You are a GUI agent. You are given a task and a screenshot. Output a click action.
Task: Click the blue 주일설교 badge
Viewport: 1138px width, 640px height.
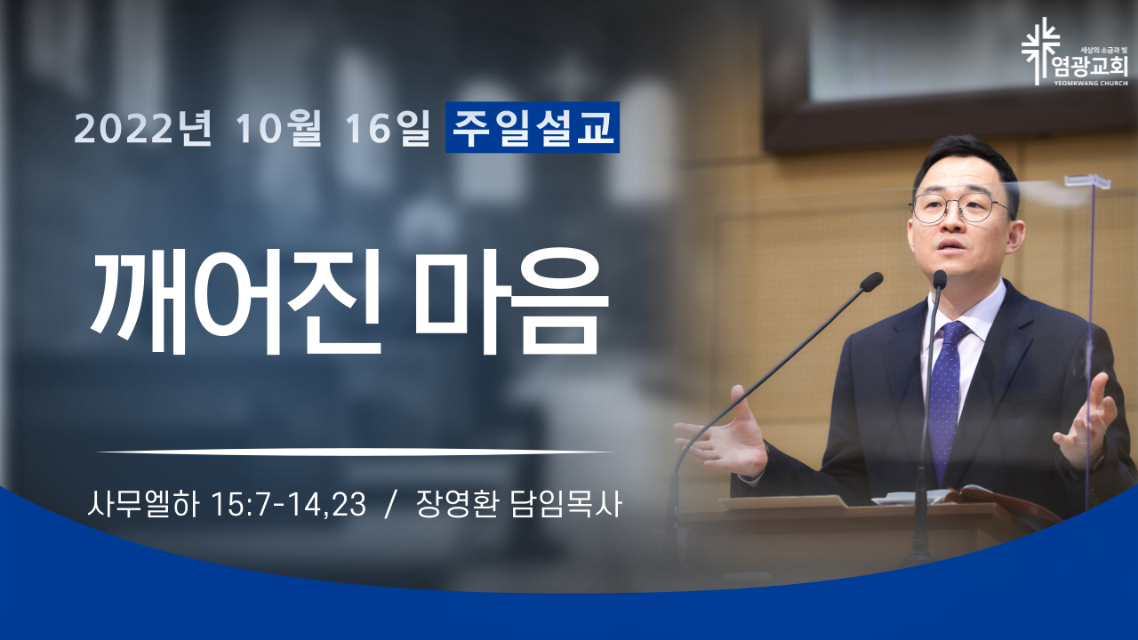[533, 127]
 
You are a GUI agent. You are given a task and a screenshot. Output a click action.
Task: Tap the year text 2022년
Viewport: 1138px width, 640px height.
[143, 127]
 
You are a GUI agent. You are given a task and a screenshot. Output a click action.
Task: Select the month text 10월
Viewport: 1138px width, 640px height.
[278, 127]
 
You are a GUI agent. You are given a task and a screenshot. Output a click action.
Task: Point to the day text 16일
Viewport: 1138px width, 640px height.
[388, 127]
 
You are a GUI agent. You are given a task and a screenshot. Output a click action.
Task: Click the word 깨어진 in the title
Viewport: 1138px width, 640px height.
[236, 301]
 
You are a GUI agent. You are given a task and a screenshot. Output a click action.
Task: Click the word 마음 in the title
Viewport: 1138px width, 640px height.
[511, 301]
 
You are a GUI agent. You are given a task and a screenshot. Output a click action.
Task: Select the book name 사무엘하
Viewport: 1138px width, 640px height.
[143, 504]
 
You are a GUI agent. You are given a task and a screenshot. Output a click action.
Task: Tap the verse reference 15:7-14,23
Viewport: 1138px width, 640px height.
[289, 505]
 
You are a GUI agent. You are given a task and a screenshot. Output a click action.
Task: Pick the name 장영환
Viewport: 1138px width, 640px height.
[456, 504]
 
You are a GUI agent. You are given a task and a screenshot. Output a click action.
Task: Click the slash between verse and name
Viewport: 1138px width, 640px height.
[390, 505]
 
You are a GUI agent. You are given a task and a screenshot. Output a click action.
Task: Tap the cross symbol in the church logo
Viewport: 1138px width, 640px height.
[1040, 51]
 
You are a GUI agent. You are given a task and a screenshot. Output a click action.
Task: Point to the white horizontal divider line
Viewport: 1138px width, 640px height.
[354, 452]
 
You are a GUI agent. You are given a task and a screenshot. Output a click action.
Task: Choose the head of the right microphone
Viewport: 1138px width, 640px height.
[940, 279]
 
